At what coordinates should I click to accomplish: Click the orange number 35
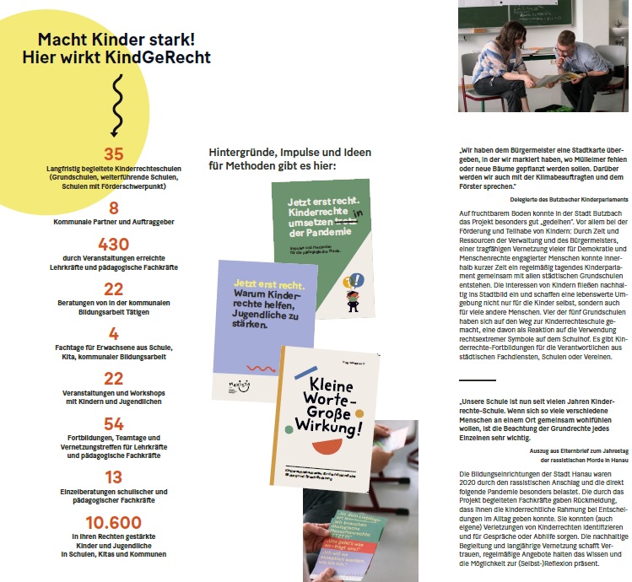(x=113, y=154)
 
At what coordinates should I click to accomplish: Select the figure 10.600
(x=113, y=523)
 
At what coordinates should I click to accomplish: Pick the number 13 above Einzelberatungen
(x=113, y=477)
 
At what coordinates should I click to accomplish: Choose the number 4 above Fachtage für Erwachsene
(x=113, y=334)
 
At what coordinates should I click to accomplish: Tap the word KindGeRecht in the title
(x=163, y=57)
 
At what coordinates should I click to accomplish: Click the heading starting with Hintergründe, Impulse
(x=272, y=158)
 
